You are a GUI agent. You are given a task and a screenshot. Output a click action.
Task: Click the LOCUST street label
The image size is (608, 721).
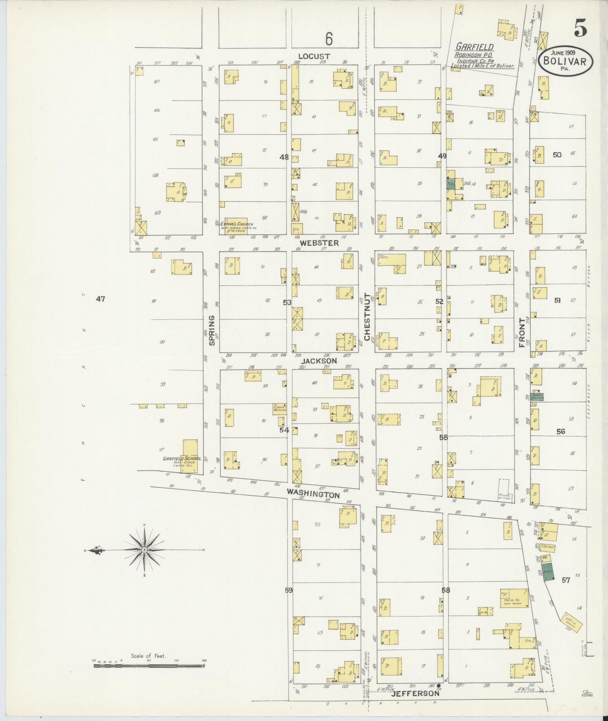[x=317, y=57]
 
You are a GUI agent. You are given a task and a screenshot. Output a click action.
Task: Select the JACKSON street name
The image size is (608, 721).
[x=319, y=361]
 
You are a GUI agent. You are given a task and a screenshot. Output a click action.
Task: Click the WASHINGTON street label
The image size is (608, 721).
[x=313, y=493]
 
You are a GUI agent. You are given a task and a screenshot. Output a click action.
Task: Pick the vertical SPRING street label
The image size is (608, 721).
[x=211, y=331]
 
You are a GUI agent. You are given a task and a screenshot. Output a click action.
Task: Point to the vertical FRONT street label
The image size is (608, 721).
[x=522, y=332]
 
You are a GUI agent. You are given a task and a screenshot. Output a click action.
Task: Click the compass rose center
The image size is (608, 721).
[x=144, y=550]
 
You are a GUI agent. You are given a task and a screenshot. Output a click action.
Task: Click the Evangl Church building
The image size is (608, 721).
[x=236, y=225]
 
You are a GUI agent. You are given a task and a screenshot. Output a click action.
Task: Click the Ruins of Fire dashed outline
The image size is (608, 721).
[x=504, y=489]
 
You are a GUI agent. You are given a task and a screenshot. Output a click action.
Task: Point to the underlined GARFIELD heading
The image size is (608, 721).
[x=475, y=47]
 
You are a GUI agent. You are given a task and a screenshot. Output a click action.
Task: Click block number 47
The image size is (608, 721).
[x=100, y=299]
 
